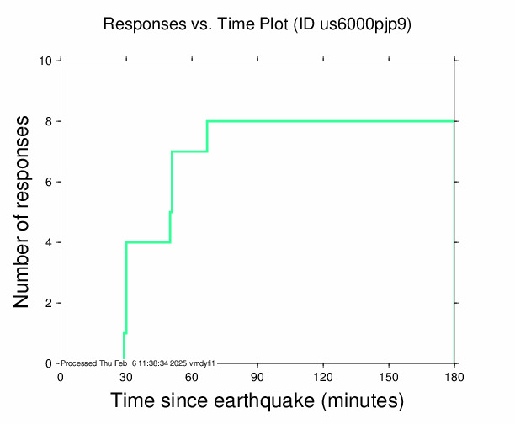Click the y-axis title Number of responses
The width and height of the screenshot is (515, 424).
24,212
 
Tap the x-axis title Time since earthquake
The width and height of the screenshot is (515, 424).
257,400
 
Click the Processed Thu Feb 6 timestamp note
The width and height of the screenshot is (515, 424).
139,363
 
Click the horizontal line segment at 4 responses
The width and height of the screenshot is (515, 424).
148,242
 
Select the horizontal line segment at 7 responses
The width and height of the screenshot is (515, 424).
189,151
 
